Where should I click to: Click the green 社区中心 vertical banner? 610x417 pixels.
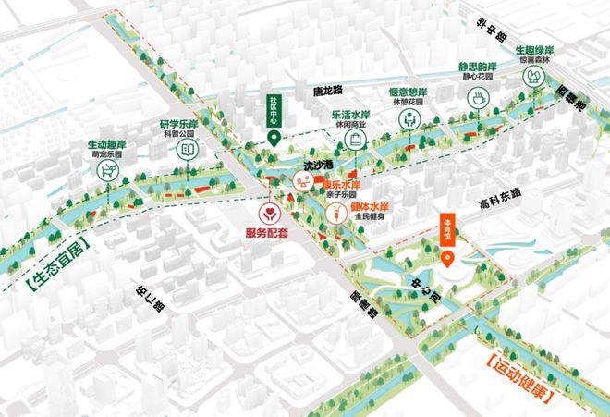coord(274,111)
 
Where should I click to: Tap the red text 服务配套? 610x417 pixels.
coord(267,234)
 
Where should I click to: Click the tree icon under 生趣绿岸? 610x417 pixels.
coord(534,80)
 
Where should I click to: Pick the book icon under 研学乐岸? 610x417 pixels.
coord(188,149)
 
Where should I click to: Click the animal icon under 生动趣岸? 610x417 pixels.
coord(110,171)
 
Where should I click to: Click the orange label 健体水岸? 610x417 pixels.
coord(370,206)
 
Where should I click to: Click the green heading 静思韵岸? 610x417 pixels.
coord(477,67)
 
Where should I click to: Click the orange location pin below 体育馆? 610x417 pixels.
coord(448,256)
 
